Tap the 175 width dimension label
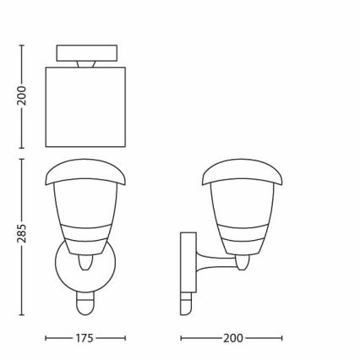[x=85, y=338]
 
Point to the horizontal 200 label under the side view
[x=232, y=338]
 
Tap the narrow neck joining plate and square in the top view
[x=85, y=63]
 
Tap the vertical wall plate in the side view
[x=188, y=262]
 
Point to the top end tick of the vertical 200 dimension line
[x=22, y=45]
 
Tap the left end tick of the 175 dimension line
[x=46, y=338]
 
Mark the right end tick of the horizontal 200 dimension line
[x=282, y=338]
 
